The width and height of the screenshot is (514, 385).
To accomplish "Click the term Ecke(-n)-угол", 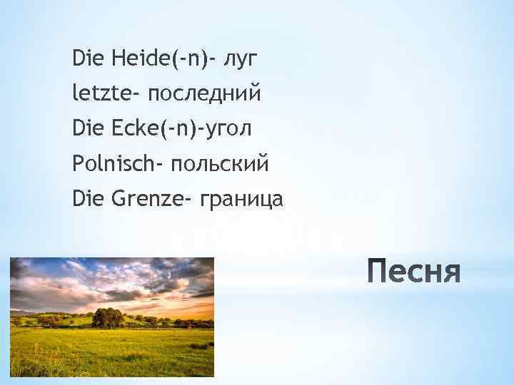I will [182, 129].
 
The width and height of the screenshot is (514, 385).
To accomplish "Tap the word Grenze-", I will [147, 200].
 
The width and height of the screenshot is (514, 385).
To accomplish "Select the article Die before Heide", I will [86, 56].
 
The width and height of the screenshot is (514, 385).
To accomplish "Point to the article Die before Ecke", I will [86, 128].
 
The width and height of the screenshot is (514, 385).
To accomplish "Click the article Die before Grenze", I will [86, 200].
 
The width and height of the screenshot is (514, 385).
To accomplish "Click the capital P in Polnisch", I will [76, 165].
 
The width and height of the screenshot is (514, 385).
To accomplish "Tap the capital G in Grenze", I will [118, 200].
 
